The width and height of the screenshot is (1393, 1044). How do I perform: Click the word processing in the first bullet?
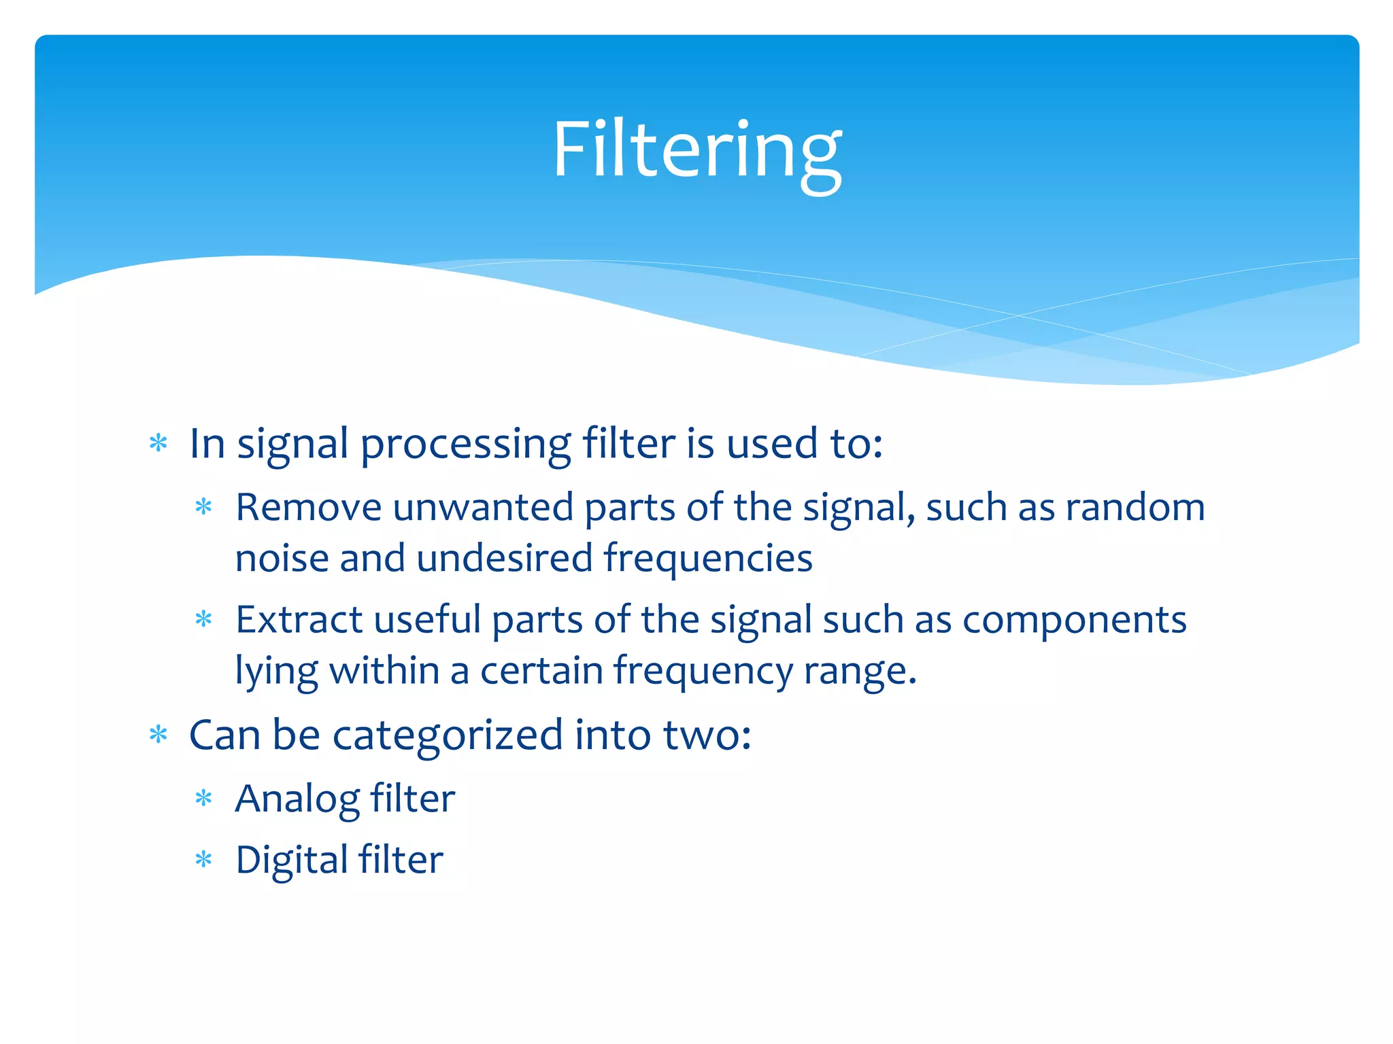coord(465,445)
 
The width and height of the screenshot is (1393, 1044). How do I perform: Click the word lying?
coord(276,672)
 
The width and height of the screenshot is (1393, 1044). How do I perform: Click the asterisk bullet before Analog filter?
coord(203,799)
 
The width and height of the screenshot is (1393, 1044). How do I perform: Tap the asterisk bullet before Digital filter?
coord(203,860)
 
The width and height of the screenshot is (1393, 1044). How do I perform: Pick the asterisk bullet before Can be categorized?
coord(158,735)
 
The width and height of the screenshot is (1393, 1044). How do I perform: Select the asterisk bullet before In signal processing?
coord(158,444)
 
